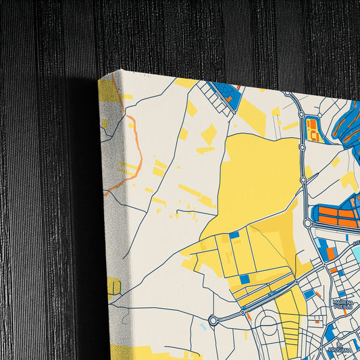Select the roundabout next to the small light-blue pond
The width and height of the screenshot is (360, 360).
click(213, 320)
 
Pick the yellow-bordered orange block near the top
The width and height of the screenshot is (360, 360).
click(313, 129)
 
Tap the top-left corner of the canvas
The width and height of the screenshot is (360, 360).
click(99, 79)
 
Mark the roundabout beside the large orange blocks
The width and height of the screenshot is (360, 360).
click(308, 222)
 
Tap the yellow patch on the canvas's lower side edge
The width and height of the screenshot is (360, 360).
click(113, 287)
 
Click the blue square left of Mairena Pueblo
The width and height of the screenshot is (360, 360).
click(309, 294)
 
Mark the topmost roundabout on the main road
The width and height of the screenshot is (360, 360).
click(287, 93)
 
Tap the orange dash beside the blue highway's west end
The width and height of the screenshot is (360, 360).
click(249, 314)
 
